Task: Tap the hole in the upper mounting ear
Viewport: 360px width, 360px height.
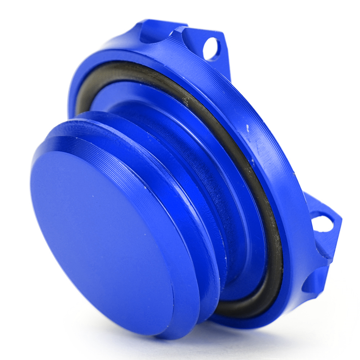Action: tap(211, 49)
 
